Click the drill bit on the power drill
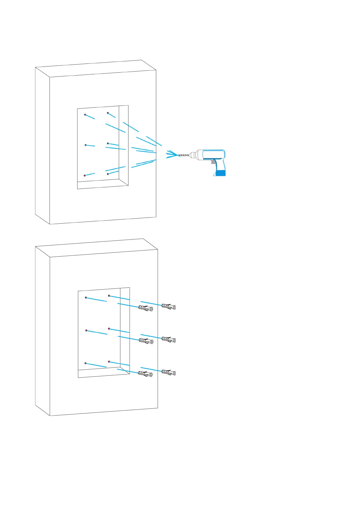click(x=183, y=155)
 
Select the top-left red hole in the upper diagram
click(x=85, y=115)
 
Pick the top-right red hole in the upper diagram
click(x=108, y=113)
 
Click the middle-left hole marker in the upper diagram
click(x=86, y=145)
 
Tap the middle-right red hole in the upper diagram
click(x=108, y=143)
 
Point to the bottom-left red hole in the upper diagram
click(x=85, y=176)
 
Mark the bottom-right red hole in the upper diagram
click(x=108, y=174)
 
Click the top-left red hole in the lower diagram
click(x=86, y=298)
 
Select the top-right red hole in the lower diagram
click(x=109, y=296)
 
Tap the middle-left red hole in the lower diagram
click(x=86, y=331)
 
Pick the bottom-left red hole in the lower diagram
click(x=86, y=363)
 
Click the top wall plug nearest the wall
click(x=145, y=308)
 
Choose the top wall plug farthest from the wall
click(x=169, y=306)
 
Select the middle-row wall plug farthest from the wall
click(x=169, y=339)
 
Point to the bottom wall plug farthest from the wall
click(x=169, y=372)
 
